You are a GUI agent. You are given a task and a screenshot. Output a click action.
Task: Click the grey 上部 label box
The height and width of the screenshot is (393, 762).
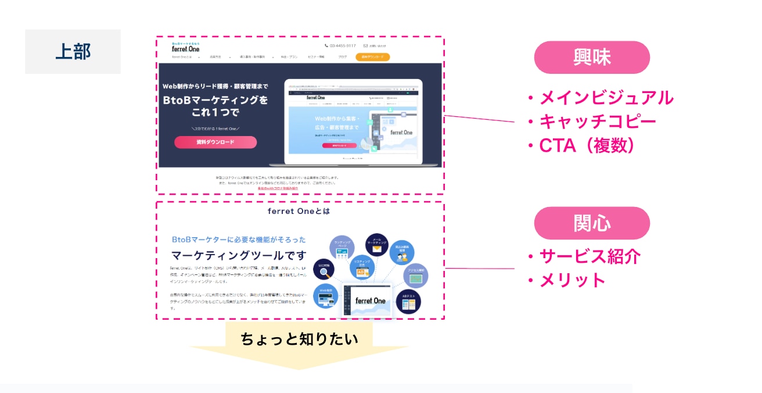coord(73,52)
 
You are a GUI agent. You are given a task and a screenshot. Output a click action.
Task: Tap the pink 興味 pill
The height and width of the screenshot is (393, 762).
coord(591,57)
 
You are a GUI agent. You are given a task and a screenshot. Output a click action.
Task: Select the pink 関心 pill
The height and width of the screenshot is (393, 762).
coord(591,223)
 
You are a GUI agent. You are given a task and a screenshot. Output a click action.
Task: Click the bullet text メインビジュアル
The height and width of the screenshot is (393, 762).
coord(606,98)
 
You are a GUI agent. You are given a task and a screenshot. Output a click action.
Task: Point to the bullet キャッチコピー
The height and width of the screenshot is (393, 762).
coord(598,122)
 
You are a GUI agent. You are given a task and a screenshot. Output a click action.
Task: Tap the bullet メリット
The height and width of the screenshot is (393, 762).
coord(573,280)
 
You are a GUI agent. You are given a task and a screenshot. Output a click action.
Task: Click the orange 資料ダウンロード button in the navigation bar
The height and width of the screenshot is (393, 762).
coord(372,57)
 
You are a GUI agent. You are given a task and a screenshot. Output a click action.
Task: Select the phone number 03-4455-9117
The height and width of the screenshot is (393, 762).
coord(342,45)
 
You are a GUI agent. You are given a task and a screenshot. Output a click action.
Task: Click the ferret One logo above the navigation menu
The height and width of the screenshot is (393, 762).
coord(185,48)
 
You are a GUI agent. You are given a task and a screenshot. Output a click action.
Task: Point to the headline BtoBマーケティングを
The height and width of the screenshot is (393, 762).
coord(215,100)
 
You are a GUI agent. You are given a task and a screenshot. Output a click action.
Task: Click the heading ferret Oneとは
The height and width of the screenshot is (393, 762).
coord(299,211)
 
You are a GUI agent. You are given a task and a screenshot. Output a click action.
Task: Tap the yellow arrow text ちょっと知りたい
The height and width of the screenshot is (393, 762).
coord(299,339)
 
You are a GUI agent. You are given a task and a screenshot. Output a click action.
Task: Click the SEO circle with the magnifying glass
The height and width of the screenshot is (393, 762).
coord(324,270)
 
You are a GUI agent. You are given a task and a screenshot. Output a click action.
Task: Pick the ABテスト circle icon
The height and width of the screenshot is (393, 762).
coord(408,301)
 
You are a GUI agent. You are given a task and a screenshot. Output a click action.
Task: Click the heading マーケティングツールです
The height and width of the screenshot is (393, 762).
coord(238,255)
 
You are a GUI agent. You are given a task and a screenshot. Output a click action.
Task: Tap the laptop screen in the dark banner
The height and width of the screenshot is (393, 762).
coord(353,122)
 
